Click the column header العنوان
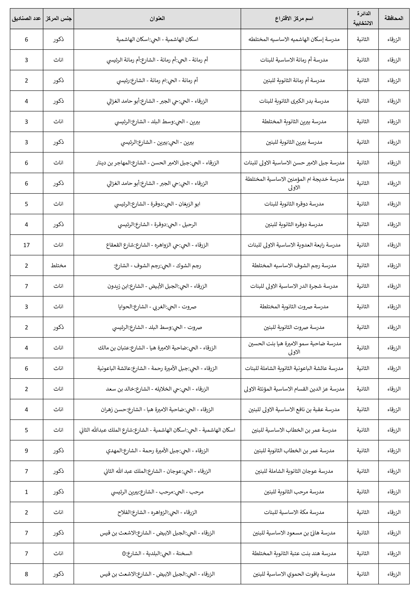pyautogui.click(x=157, y=19)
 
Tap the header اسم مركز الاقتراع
pyautogui.click(x=294, y=19)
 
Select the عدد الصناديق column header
pyautogui.click(x=26, y=19)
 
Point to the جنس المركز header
pyautogui.click(x=58, y=19)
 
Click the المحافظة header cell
pyautogui.click(x=394, y=19)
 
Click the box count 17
pyautogui.click(x=26, y=245)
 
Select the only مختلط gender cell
pyautogui.click(x=58, y=266)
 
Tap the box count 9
pyautogui.click(x=26, y=451)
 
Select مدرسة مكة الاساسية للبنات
pyautogui.click(x=294, y=512)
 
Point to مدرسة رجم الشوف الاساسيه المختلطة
pyautogui.click(x=294, y=266)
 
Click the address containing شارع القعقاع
pyautogui.click(x=157, y=245)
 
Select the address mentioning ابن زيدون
pyautogui.click(x=157, y=286)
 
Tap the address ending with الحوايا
pyautogui.click(x=157, y=307)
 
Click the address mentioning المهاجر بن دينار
pyautogui.click(x=157, y=163)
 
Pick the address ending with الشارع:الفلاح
pyautogui.click(x=157, y=512)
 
